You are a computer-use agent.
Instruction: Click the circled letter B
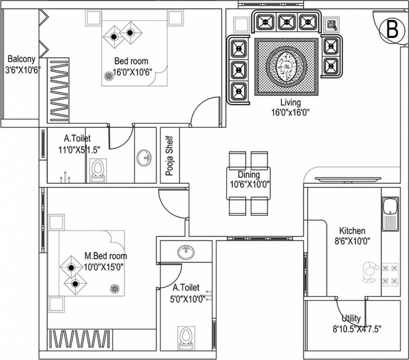tap(392, 30)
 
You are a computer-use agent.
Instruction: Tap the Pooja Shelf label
tap(169, 156)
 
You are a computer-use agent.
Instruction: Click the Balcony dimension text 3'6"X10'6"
tap(21, 70)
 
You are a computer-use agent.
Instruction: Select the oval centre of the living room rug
tap(287, 67)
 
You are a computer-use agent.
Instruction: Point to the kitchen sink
tap(390, 213)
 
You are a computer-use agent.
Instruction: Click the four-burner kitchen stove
tap(390, 275)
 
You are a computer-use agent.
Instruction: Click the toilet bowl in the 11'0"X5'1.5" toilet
tap(98, 169)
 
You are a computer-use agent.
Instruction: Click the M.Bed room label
tap(106, 256)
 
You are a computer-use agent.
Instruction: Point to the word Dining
tap(248, 174)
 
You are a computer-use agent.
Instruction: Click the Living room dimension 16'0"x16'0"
tap(290, 112)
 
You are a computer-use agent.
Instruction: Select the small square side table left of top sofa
tap(241, 24)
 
